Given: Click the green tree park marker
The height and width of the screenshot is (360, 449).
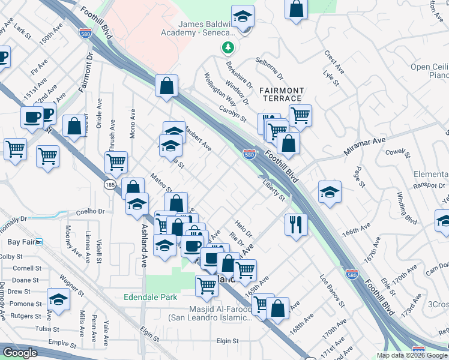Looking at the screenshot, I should tap(228, 46).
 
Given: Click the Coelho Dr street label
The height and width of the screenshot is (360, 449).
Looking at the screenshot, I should tap(91, 211).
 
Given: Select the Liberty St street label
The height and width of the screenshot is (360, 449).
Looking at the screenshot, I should tap(273, 193).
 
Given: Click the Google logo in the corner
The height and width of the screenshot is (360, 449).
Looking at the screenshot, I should tap(20, 353).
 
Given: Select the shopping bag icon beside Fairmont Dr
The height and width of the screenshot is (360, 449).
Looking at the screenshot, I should tap(74, 127).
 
